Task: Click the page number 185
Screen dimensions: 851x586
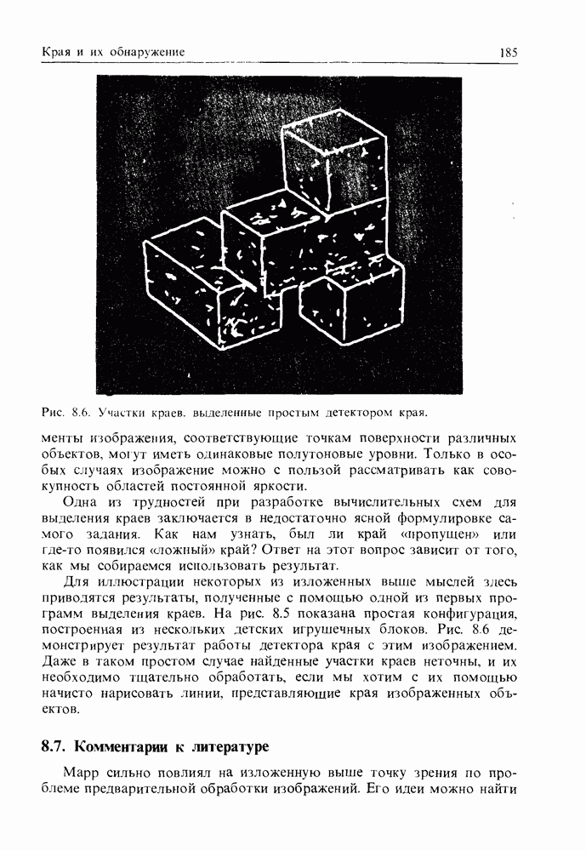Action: [509, 53]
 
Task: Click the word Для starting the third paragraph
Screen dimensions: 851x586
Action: [77, 581]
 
